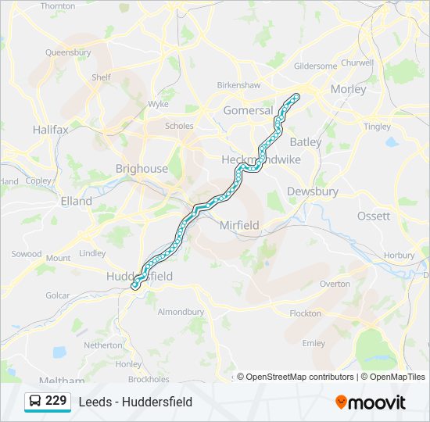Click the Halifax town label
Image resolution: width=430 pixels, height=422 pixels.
click(x=51, y=130)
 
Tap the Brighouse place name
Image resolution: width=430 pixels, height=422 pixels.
click(x=142, y=168)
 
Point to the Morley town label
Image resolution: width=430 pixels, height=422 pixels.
click(x=348, y=89)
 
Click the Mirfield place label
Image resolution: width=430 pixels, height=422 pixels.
click(x=239, y=225)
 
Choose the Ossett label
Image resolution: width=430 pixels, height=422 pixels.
click(x=373, y=216)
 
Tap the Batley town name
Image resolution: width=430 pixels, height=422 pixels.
click(x=305, y=142)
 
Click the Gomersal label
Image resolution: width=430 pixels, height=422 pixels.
click(x=248, y=110)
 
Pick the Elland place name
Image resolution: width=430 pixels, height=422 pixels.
click(x=76, y=201)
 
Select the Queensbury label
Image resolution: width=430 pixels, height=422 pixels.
click(x=68, y=53)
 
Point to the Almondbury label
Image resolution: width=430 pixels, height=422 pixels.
click(x=181, y=312)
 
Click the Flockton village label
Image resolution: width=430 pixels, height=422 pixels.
click(x=305, y=313)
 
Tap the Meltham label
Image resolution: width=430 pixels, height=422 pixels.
click(x=53, y=380)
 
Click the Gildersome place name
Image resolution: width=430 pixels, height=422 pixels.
click(x=315, y=66)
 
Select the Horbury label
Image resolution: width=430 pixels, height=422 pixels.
click(x=400, y=256)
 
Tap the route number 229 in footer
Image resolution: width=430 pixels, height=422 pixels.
click(x=56, y=401)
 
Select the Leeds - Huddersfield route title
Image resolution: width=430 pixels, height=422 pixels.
click(x=135, y=402)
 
